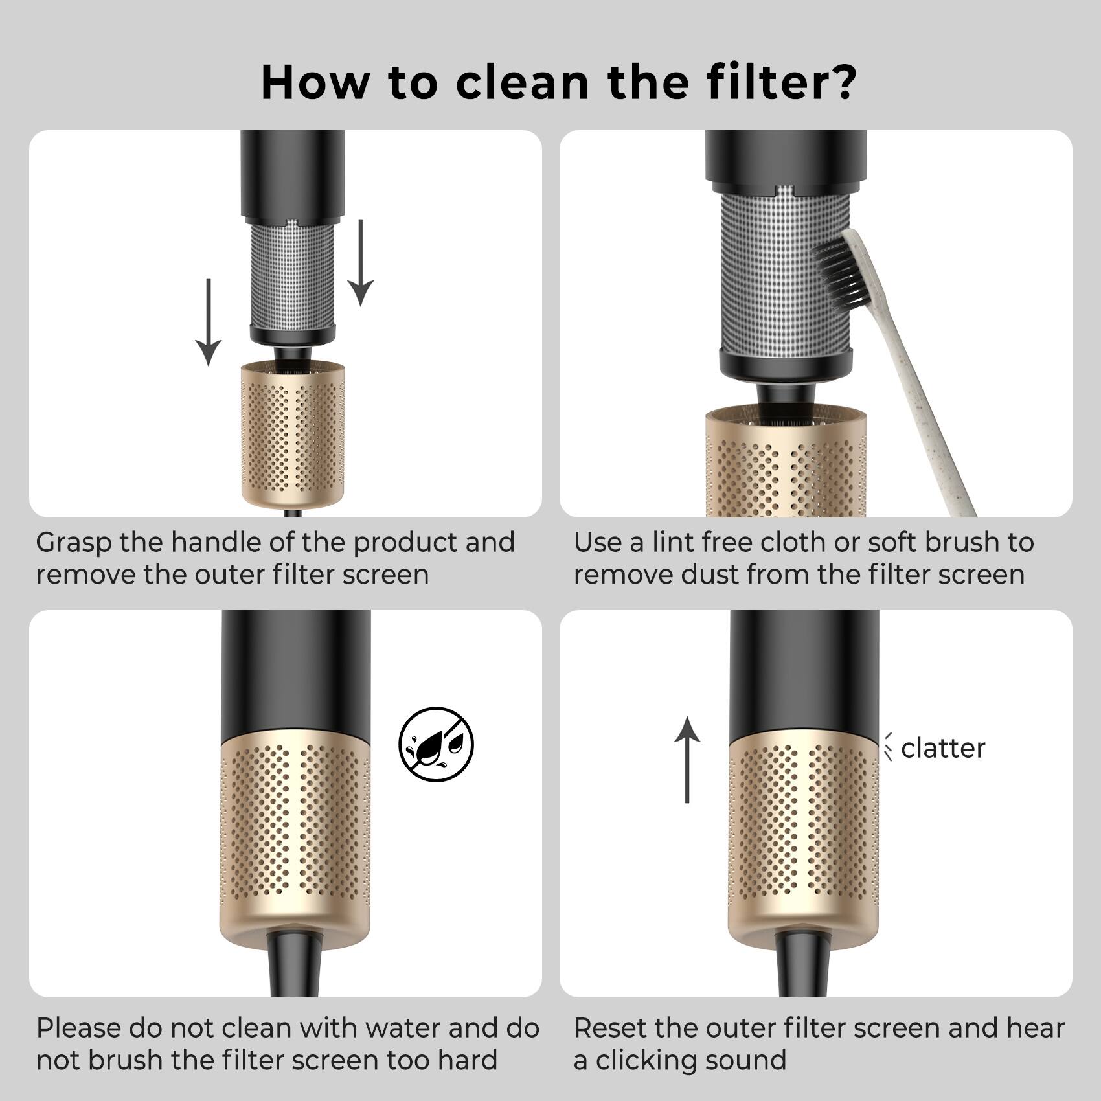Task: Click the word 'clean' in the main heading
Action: [522, 82]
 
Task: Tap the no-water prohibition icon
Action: [436, 743]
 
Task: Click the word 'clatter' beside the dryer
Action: [942, 749]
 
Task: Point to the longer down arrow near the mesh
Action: [361, 262]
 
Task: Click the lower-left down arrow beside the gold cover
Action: [209, 322]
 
